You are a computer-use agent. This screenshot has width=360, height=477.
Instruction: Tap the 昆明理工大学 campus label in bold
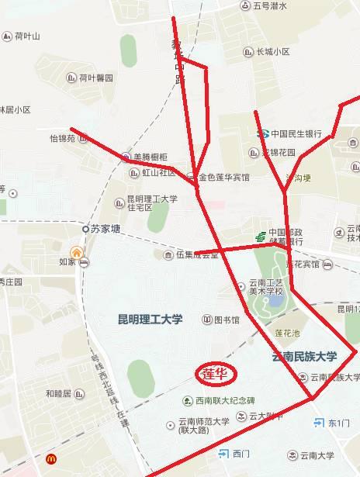(150, 319)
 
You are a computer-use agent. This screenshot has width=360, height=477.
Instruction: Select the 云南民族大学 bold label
(304, 357)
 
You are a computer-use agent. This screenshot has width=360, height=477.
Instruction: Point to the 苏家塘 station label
(106, 229)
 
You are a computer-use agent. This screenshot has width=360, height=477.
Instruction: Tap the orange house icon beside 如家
(76, 252)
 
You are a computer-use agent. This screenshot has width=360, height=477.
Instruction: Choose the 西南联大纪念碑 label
(225, 400)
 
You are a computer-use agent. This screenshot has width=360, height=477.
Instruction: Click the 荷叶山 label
(27, 36)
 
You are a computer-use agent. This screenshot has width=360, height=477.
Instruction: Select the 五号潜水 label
(270, 6)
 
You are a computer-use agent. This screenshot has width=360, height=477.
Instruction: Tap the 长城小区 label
(273, 52)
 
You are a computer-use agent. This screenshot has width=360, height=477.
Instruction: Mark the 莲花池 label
(288, 333)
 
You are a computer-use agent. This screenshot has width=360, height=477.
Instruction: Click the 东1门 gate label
(340, 423)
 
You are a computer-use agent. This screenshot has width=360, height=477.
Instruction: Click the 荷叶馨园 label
(95, 78)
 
